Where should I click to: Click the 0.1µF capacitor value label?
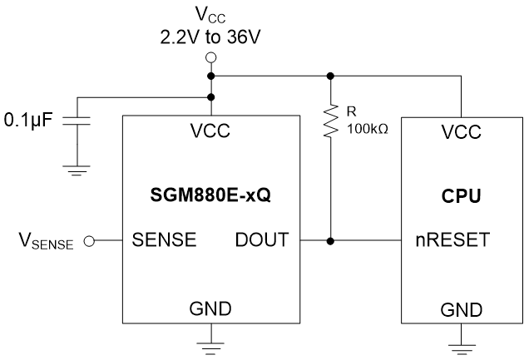point(27,121)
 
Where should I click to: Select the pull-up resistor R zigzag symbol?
point(330,121)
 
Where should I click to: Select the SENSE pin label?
point(165,241)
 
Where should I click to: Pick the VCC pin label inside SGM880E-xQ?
point(210,131)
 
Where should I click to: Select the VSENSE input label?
point(46,243)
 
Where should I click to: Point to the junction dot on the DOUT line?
point(330,242)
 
